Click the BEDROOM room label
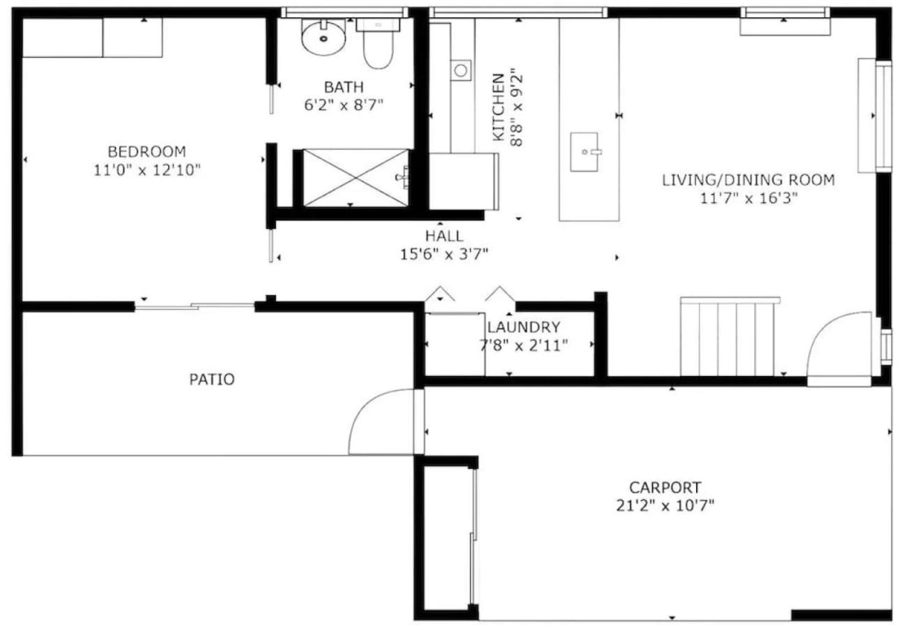click(x=147, y=151)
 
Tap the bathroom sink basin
click(x=323, y=37)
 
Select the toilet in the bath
click(x=378, y=43)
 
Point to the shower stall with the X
click(x=355, y=178)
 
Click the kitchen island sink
click(x=584, y=151)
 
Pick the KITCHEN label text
click(x=499, y=107)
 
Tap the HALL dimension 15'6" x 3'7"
click(x=444, y=254)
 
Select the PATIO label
click(x=212, y=380)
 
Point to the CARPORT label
click(x=665, y=488)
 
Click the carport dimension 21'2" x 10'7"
click(x=665, y=506)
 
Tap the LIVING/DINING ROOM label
click(x=749, y=180)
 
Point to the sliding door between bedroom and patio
click(x=195, y=307)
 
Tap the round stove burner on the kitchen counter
click(x=461, y=70)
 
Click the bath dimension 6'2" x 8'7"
click(x=344, y=105)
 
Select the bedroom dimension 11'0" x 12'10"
click(x=147, y=170)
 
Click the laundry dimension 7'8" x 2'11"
click(x=524, y=345)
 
